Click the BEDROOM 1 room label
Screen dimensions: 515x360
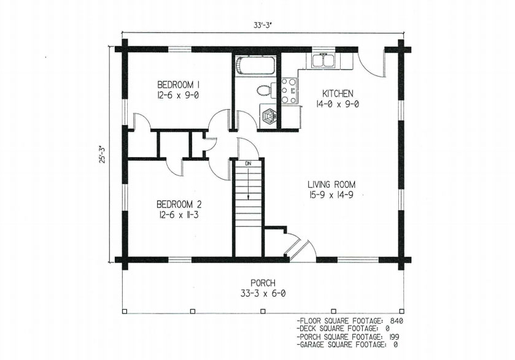179,85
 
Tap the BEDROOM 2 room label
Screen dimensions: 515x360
179,204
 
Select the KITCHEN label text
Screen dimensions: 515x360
338,94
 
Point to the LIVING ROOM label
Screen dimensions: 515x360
331,185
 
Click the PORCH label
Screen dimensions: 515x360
263,283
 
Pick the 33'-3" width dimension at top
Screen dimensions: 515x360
261,25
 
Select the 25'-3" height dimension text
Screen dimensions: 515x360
104,154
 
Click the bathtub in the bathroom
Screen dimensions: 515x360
255,66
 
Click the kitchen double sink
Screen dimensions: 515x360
323,60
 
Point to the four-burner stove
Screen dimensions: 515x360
289,90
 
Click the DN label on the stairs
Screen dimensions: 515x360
248,163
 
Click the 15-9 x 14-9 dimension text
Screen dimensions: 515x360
331,195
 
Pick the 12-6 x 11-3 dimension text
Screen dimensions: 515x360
179,215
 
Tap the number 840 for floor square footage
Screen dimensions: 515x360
397,321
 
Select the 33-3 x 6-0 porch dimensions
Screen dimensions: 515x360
263,293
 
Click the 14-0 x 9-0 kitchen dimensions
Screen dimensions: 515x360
338,104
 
